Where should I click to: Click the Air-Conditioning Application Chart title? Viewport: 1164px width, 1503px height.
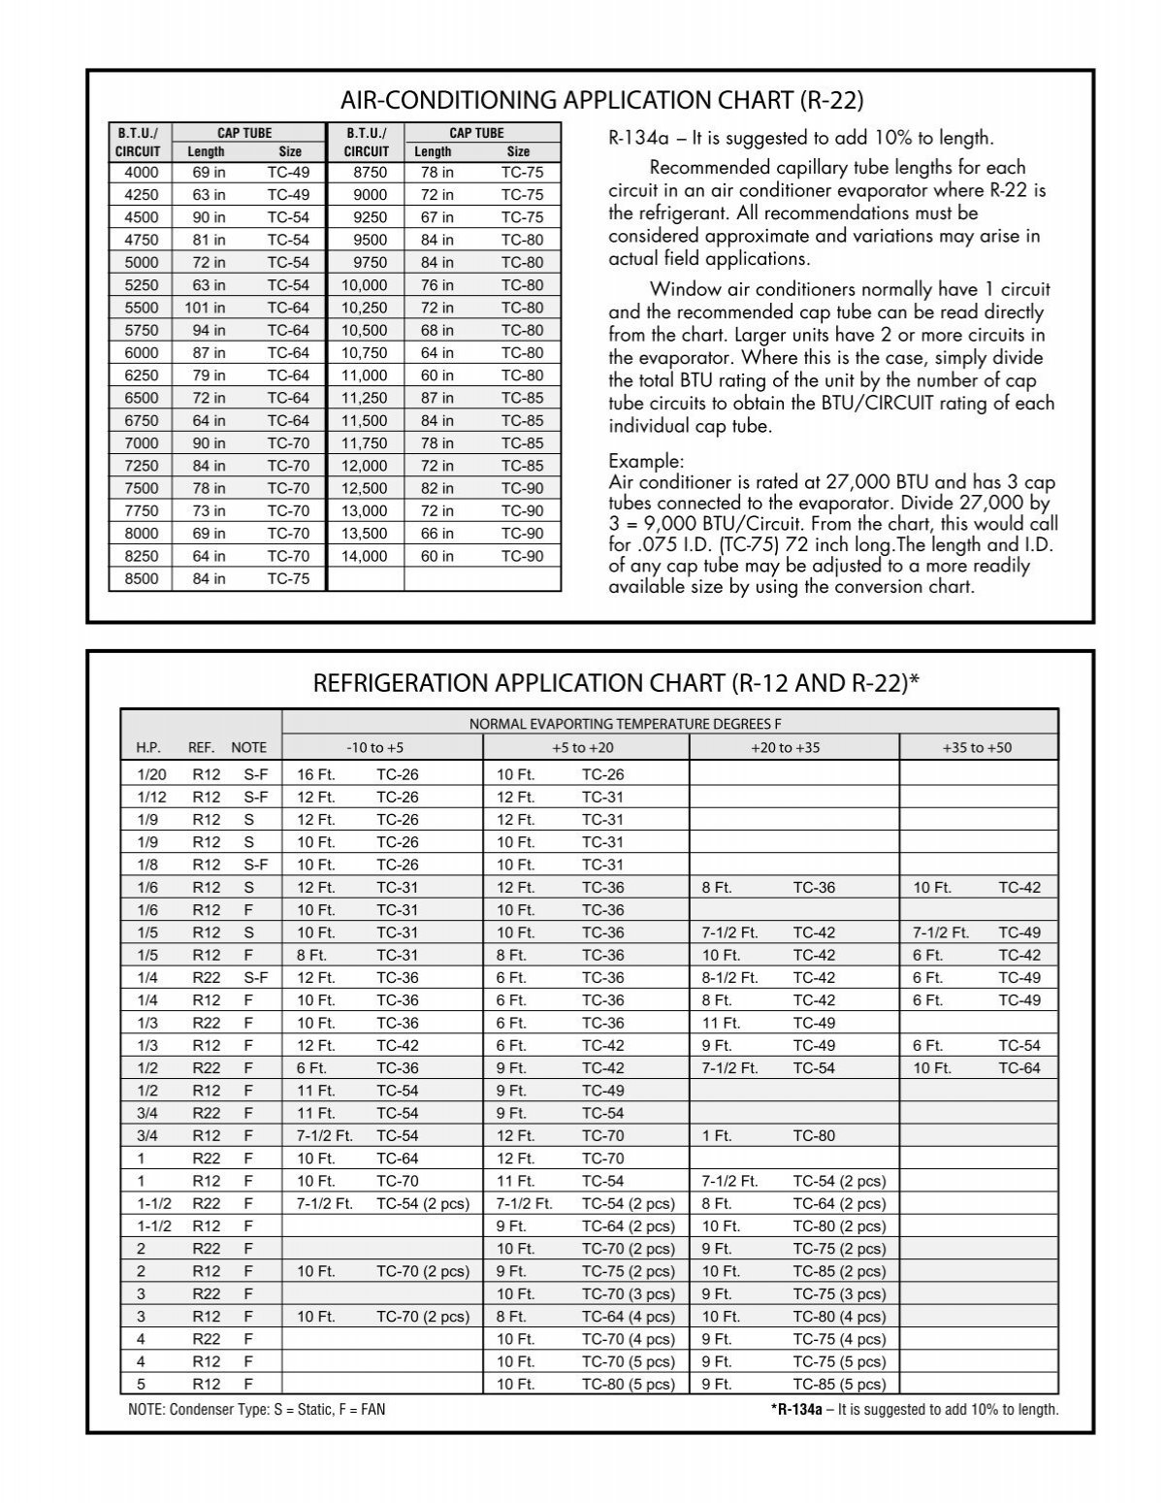tap(600, 100)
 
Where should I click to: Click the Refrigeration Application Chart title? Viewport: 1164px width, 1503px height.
tap(615, 684)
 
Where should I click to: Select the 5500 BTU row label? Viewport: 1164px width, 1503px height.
tap(141, 308)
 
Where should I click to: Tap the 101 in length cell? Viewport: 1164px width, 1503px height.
tap(205, 308)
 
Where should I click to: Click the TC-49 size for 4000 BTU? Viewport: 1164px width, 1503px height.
tap(288, 173)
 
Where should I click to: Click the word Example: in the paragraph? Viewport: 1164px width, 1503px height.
tap(646, 460)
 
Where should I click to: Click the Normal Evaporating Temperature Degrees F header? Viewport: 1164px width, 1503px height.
tap(625, 724)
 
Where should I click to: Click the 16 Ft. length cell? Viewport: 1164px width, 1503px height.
tap(316, 774)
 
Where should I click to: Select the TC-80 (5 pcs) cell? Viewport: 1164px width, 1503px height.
tap(628, 1385)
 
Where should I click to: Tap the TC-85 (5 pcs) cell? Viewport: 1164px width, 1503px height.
tap(839, 1385)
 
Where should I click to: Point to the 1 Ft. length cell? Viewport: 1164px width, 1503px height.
tap(717, 1135)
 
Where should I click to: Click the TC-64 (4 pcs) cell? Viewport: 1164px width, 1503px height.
tap(628, 1317)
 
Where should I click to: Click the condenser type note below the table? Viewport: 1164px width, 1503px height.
tap(256, 1409)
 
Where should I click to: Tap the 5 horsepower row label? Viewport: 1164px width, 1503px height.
tap(142, 1385)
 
